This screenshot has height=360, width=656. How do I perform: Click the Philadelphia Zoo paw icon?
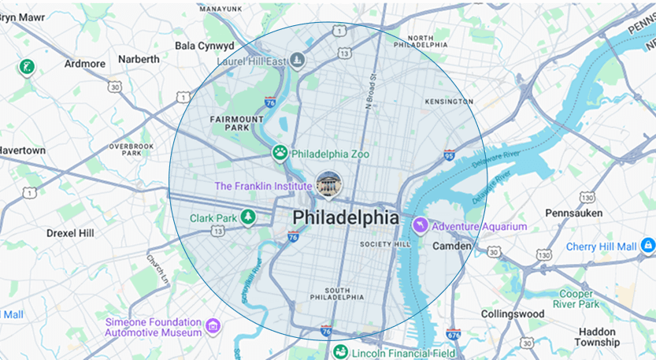click(x=280, y=153)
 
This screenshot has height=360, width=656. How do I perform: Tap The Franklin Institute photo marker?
click(x=328, y=184)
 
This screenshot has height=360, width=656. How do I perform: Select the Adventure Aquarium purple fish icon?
click(x=421, y=226)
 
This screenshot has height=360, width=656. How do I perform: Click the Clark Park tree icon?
click(x=248, y=217)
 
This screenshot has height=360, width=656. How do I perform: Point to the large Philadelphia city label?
click(x=346, y=217)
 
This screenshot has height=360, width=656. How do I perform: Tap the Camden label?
click(x=452, y=247)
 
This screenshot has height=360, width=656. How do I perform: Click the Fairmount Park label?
click(x=236, y=123)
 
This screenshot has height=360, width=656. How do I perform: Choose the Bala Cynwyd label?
click(x=205, y=46)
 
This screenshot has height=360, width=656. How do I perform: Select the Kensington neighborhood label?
click(x=449, y=102)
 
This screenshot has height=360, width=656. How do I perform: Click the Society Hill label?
click(x=385, y=244)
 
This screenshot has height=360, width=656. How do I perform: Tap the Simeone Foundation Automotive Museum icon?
click(x=212, y=325)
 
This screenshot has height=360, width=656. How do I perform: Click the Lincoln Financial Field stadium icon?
click(x=340, y=352)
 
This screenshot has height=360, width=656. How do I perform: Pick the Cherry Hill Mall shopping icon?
click(x=647, y=247)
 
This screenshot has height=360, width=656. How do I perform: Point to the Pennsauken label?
click(x=574, y=213)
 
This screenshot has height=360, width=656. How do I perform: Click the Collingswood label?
click(x=513, y=314)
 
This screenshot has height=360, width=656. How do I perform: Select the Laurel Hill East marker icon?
click(x=297, y=59)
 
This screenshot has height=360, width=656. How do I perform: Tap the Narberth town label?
click(x=139, y=59)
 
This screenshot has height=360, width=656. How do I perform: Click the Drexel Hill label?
click(x=70, y=233)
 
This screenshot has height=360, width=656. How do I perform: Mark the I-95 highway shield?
click(x=449, y=155)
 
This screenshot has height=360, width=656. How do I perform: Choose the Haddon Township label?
click(x=596, y=337)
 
